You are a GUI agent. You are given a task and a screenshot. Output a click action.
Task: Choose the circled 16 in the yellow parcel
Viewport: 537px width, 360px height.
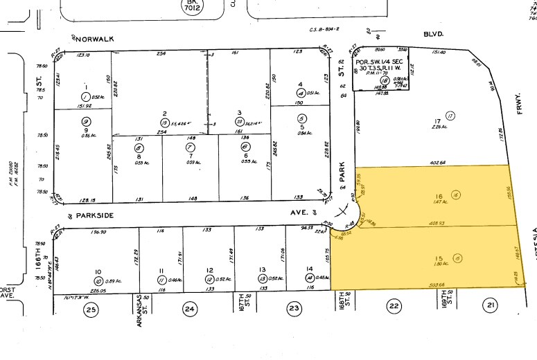[x=456, y=196]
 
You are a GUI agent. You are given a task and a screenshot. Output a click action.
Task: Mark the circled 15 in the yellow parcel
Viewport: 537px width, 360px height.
[x=456, y=258]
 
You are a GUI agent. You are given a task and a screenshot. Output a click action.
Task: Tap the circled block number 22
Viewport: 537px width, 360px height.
[x=394, y=306]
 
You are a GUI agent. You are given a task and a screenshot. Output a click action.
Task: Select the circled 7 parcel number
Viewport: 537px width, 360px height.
[x=190, y=147]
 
